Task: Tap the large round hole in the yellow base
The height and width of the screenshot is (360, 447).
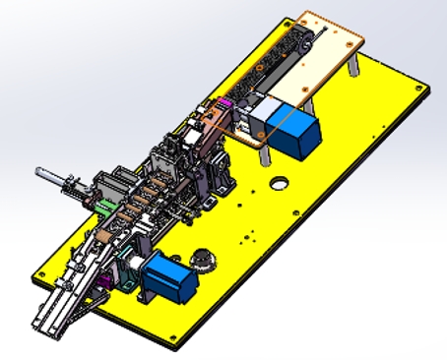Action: click(280, 183)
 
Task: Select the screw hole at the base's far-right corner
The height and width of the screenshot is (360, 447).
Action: click(422, 92)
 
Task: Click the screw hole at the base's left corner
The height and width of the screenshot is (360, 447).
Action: click(43, 271)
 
